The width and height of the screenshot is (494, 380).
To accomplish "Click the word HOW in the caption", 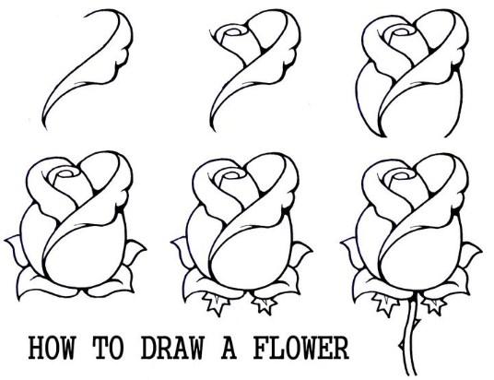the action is (x=52, y=348).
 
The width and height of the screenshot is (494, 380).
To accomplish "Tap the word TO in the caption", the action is (x=109, y=348).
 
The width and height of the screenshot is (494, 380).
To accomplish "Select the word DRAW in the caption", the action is (x=172, y=348).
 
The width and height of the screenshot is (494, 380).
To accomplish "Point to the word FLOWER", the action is (x=300, y=348).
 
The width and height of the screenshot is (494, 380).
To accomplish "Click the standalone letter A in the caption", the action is (x=229, y=348).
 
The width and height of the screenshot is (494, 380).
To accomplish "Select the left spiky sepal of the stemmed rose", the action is (x=384, y=303).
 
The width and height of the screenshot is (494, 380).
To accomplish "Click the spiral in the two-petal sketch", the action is (x=232, y=32).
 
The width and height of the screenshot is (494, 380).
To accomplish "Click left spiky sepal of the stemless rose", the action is (x=216, y=303).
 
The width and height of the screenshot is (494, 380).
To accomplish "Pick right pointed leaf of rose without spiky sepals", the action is (x=135, y=252).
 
